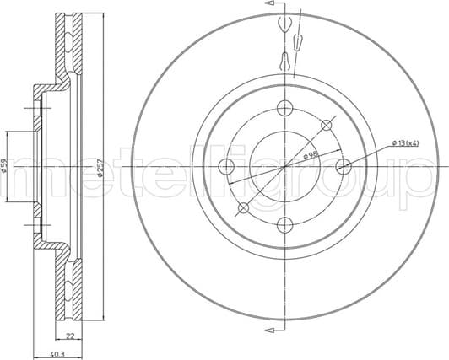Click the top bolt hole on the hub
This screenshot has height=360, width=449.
284,108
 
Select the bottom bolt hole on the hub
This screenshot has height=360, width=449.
284,223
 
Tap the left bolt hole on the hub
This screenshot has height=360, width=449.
227,166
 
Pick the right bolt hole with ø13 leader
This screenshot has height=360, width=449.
342,166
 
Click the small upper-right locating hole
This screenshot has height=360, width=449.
326,125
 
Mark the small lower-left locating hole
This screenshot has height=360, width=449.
244,207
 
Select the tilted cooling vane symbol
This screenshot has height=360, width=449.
297,40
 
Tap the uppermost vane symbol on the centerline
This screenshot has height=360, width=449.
284,23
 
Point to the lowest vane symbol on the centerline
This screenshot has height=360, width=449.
284,59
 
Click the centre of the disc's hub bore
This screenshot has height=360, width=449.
284,166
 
